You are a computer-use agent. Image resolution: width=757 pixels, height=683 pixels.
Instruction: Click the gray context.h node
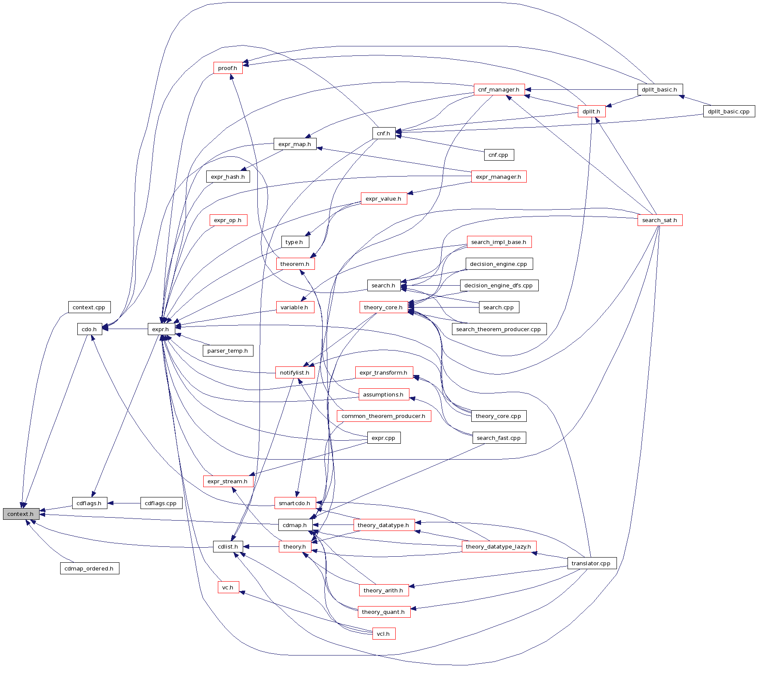tap(21, 514)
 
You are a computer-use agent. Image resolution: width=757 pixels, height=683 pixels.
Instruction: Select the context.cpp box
tap(89, 307)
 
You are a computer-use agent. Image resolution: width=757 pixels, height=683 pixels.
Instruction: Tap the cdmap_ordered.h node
tap(89, 568)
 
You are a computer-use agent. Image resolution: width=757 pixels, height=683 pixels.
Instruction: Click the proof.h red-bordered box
tap(228, 68)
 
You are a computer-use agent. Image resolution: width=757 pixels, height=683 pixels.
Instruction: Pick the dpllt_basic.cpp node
tap(729, 111)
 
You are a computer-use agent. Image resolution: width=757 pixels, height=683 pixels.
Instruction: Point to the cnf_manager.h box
tap(499, 90)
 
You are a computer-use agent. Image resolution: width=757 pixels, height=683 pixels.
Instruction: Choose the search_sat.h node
tap(659, 220)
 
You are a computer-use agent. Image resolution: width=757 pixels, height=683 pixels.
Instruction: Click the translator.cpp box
tap(592, 563)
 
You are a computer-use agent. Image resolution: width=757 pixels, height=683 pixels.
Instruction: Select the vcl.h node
tap(383, 634)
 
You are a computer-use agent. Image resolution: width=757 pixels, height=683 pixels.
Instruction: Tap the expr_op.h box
tap(228, 220)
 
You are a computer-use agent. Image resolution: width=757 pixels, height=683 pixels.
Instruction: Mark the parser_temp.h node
tap(228, 351)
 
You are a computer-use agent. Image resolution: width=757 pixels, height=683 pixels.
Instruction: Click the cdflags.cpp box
tap(161, 503)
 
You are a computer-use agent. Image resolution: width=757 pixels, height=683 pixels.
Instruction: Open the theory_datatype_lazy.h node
tap(498, 546)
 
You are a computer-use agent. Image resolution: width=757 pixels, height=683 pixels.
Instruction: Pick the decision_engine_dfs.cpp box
tap(499, 285)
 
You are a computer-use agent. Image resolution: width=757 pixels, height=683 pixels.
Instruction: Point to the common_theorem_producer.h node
tap(384, 416)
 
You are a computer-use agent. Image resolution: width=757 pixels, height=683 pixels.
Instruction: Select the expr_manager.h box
tap(498, 177)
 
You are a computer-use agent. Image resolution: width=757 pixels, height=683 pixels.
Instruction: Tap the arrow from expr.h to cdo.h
tap(125, 329)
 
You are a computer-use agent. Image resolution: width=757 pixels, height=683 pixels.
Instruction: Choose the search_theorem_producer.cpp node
tap(499, 329)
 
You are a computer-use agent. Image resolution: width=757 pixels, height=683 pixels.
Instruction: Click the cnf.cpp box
tap(498, 155)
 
